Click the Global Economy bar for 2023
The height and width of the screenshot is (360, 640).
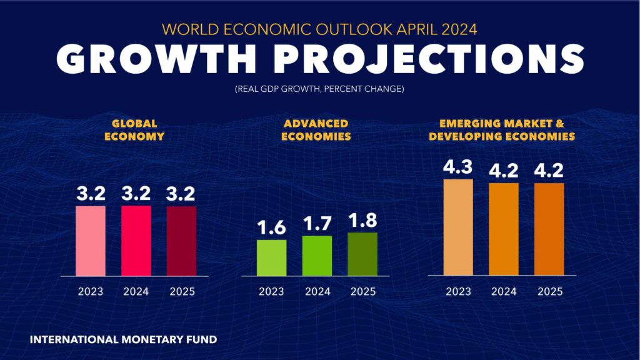coord(91,241)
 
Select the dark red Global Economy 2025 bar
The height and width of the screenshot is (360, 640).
coord(181,241)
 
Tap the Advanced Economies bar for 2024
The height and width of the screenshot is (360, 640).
coord(317,256)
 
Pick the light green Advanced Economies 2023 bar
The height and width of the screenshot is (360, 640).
coord(272,257)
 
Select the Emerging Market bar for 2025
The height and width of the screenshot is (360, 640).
coord(549,229)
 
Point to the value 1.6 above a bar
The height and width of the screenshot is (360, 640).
coord(271,228)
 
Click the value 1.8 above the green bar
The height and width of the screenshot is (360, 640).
coord(363,221)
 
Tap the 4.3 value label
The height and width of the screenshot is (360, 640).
coord(457,167)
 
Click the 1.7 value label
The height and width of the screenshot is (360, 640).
coord(317,224)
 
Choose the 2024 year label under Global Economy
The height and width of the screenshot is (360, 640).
coord(136,291)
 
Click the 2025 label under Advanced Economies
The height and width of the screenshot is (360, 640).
coord(363,291)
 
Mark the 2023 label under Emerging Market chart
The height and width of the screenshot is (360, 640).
coord(458,291)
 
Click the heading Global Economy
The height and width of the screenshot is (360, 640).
coord(136,130)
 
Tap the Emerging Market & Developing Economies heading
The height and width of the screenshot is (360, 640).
coord(502,130)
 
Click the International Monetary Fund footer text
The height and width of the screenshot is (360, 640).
coord(123,341)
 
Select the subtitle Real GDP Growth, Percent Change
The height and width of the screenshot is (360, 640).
coord(319,89)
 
